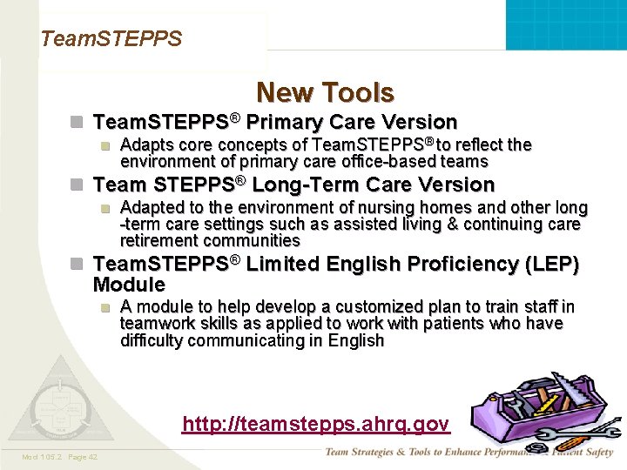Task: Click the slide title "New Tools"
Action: [325, 92]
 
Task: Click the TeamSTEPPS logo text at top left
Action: [111, 39]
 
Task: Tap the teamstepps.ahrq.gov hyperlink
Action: [315, 424]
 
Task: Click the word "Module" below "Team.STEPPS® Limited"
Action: [129, 285]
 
